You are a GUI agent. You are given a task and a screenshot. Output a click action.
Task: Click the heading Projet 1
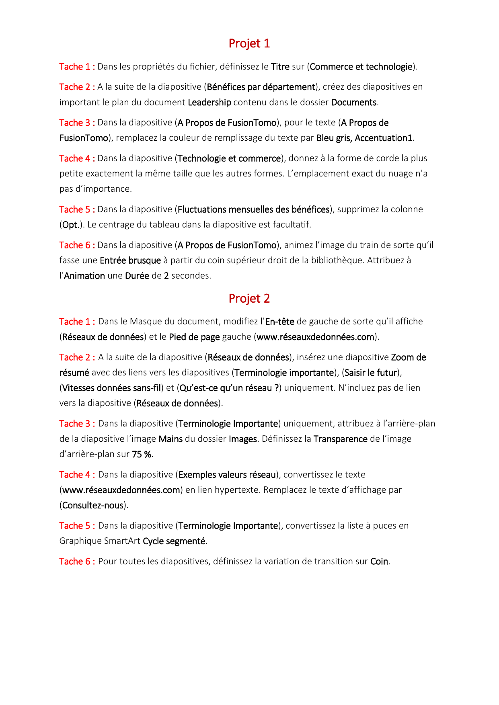tap(249, 43)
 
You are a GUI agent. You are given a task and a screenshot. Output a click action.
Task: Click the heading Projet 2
tap(249, 299)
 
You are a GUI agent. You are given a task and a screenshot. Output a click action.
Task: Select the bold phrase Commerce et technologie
tap(361, 67)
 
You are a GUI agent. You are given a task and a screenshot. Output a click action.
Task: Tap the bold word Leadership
tap(209, 102)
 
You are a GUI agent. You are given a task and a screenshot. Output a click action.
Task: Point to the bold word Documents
tap(354, 102)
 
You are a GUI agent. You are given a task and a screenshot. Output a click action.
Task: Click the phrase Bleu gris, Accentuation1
tap(364, 138)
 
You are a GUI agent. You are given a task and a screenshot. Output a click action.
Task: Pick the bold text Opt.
tap(70, 225)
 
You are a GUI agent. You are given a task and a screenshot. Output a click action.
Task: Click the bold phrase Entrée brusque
tap(130, 260)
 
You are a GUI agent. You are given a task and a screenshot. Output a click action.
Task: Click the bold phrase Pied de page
tap(194, 337)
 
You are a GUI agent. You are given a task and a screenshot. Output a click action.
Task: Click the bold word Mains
tap(170, 439)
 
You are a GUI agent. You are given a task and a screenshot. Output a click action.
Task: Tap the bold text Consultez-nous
tap(93, 505)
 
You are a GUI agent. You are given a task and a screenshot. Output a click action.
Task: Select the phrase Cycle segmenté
tap(174, 541)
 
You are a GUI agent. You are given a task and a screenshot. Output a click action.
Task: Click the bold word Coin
tap(379, 562)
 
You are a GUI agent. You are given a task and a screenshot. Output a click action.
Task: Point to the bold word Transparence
tap(340, 439)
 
